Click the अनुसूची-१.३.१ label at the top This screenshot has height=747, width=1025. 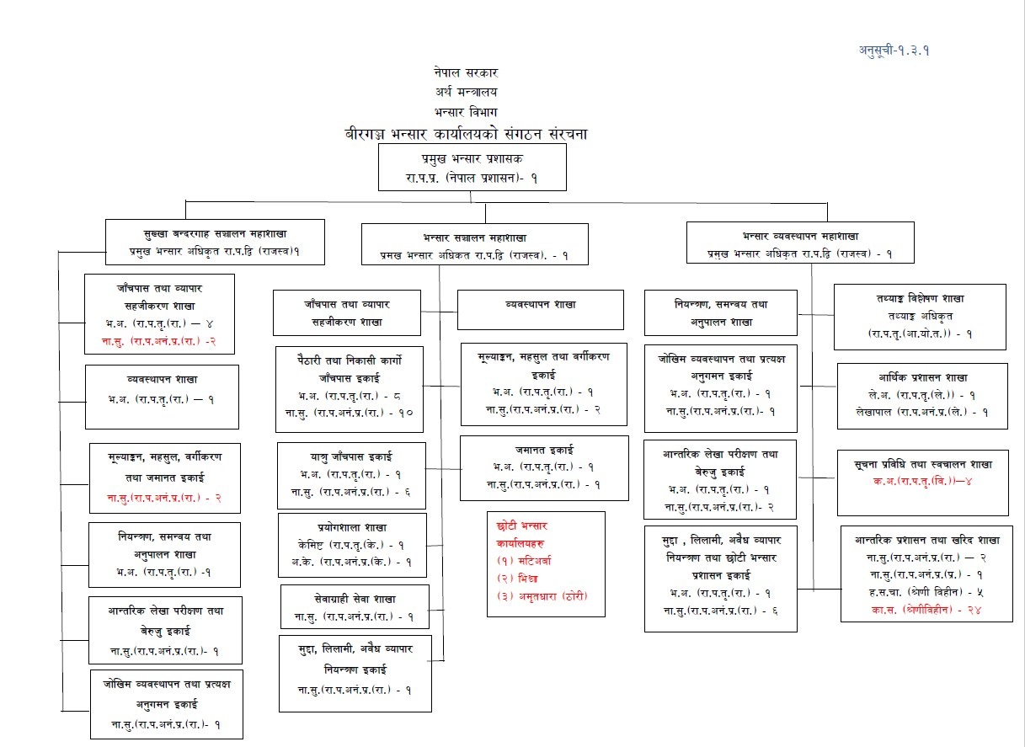tap(894, 50)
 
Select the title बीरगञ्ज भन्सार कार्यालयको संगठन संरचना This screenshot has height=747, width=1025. tap(466, 134)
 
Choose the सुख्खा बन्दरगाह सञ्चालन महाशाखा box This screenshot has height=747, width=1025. tap(216, 241)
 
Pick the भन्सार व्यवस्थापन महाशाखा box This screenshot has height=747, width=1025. tap(800, 243)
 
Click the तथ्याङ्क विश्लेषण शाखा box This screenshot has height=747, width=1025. tap(920, 316)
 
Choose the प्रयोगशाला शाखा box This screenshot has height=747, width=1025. tap(351, 544)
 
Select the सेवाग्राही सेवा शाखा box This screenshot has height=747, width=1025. tap(355, 606)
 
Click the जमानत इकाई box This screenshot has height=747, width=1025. tap(544, 466)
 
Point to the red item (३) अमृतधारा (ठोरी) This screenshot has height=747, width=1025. tap(542, 596)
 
